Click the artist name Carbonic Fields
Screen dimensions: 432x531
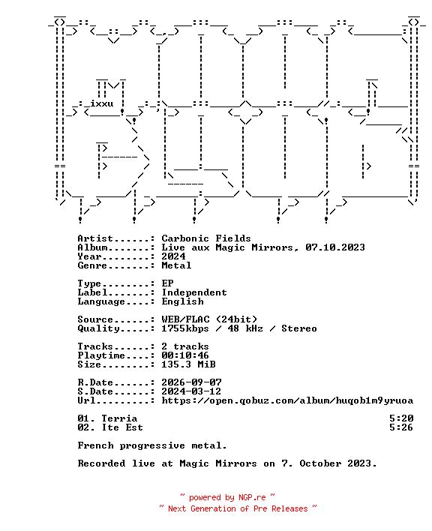(x=205, y=238)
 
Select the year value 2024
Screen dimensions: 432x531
(x=173, y=256)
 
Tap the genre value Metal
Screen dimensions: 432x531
(x=176, y=265)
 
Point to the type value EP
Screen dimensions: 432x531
(x=167, y=283)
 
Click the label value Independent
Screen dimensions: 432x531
(x=194, y=292)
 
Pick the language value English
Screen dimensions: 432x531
(x=182, y=301)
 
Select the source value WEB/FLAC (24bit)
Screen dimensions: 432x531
(x=209, y=319)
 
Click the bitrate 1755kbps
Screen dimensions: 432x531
(x=184, y=328)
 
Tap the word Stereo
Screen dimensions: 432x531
(x=299, y=328)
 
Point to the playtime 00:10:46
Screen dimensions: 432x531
(x=185, y=355)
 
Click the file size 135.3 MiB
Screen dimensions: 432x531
(x=188, y=364)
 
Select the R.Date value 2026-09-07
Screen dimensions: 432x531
(x=191, y=382)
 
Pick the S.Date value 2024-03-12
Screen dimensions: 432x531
(x=191, y=391)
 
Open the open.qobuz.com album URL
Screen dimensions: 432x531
(x=287, y=400)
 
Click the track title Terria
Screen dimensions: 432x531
(x=119, y=418)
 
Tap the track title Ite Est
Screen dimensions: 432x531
(x=122, y=427)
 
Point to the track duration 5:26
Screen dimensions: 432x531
(x=401, y=427)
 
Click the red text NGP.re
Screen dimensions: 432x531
(x=252, y=497)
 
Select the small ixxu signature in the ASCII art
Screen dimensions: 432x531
(x=101, y=103)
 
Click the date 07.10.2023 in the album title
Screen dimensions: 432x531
(x=335, y=247)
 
